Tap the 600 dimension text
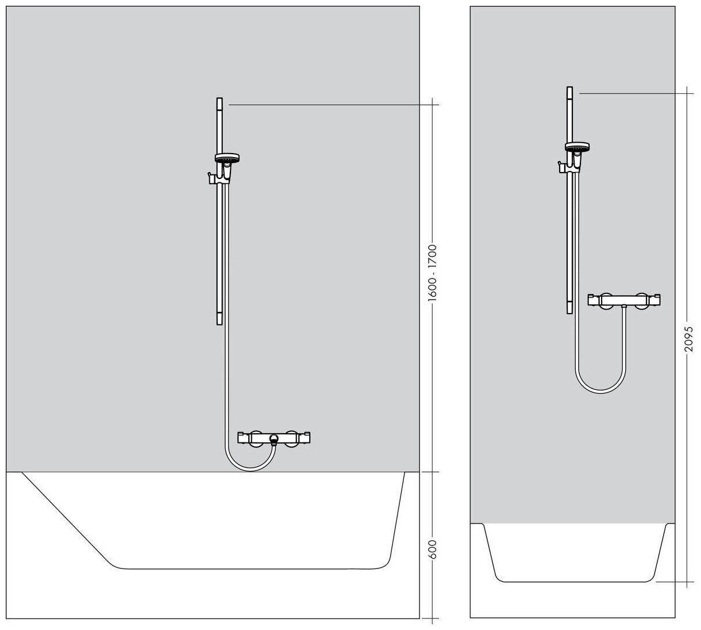433,550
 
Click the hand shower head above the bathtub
227,158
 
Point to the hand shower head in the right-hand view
577,146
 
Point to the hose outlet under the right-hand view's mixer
625,307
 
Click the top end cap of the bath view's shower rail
219,104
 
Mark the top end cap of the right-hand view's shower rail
569,92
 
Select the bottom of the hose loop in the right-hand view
600,392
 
